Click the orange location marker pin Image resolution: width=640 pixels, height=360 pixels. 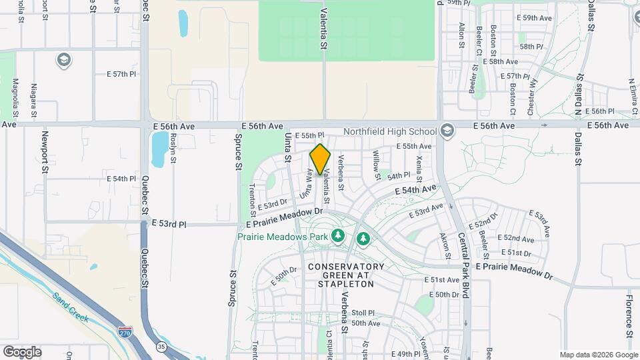[321, 159]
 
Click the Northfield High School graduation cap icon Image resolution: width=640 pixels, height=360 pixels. [446, 131]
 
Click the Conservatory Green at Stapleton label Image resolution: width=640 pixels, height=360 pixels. [346, 275]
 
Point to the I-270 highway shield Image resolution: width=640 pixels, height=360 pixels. [125, 331]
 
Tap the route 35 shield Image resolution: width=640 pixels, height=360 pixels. [161, 347]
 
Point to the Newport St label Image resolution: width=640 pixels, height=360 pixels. [45, 157]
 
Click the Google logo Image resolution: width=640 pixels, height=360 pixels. [22, 352]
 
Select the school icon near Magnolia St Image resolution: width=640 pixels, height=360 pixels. [64, 60]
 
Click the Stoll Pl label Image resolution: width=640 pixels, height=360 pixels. [363, 312]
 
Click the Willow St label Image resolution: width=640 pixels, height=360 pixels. [377, 162]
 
